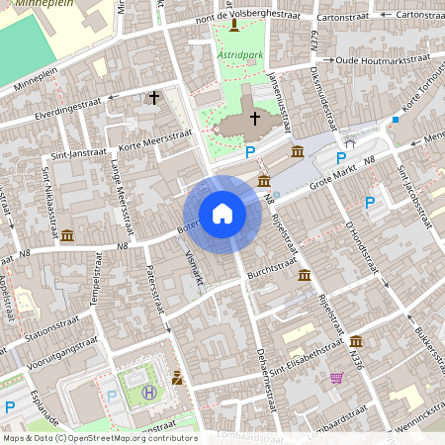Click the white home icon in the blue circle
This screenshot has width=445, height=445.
[x=222, y=214]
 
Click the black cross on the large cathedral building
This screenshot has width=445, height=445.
[x=254, y=119]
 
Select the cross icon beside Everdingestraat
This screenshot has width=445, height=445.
[x=153, y=97]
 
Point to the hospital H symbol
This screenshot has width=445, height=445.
[x=149, y=392]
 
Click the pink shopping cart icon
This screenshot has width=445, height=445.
[x=337, y=377]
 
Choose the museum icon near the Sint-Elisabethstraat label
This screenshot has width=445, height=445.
[x=356, y=341]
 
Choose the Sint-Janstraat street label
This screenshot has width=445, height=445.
[x=76, y=153]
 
